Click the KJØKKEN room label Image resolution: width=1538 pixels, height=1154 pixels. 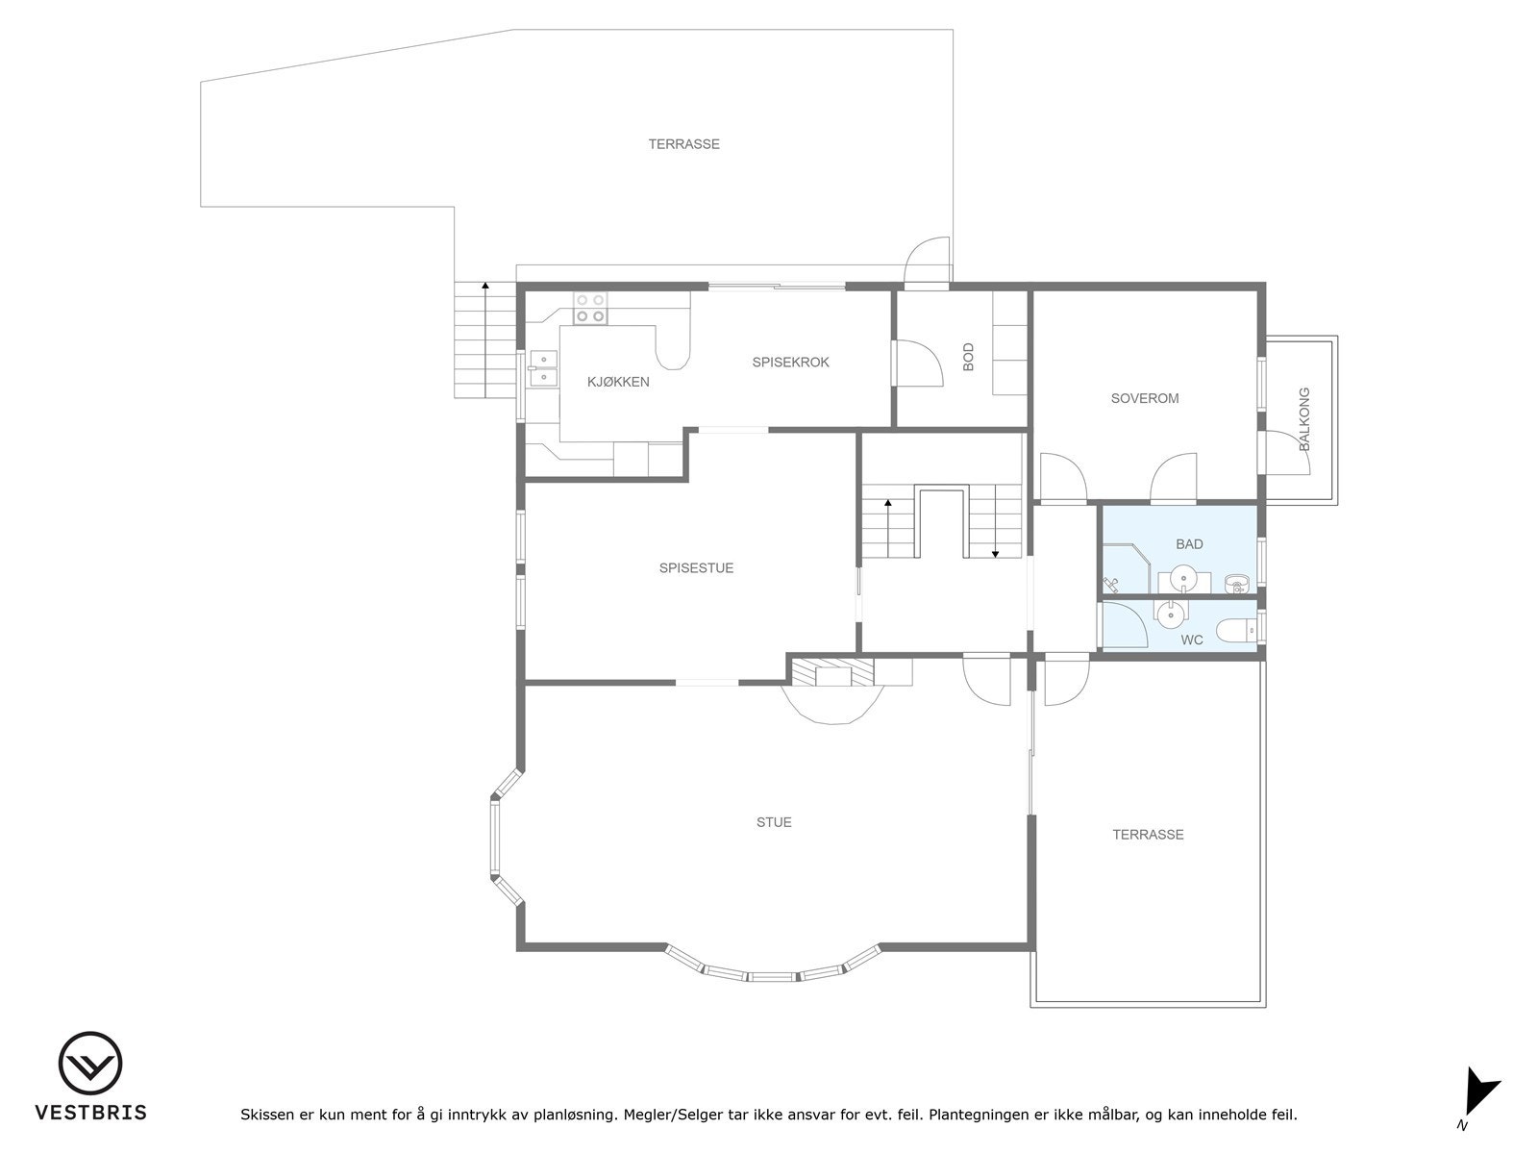pos(618,382)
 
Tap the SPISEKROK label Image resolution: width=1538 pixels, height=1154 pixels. pos(790,363)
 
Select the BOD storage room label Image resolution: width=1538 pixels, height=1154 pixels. pos(968,356)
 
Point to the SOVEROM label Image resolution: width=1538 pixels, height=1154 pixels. pos(1144,398)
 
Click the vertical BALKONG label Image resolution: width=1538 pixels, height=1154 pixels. pos(1304,419)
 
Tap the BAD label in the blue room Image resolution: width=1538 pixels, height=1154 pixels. pos(1189,544)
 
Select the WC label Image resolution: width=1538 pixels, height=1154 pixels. pos(1192,640)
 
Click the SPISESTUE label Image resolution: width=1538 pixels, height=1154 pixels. pos(696,568)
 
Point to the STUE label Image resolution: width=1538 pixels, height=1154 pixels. pos(774,822)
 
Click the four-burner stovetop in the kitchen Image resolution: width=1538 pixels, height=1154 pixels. pos(590,308)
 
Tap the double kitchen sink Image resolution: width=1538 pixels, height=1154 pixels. pos(543,365)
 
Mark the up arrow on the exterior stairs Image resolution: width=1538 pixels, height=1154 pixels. pos(485,286)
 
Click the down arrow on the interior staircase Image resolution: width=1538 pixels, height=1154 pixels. pos(995,553)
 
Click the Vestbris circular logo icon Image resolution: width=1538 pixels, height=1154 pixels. pos(90,1064)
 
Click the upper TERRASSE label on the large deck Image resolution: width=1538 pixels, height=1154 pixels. pos(683,144)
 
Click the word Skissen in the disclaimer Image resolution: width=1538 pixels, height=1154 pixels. pos(267,1116)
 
